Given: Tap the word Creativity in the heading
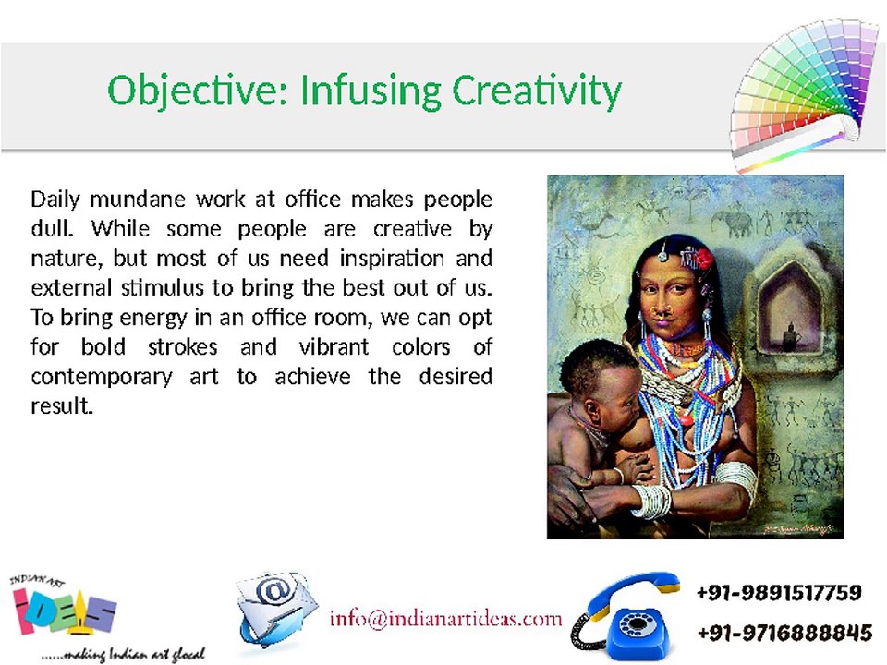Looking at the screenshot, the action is click(x=536, y=91).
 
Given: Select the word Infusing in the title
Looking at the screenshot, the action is click(x=371, y=91).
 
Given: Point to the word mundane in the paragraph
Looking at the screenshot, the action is click(x=138, y=199).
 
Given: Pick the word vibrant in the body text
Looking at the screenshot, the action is click(x=334, y=346).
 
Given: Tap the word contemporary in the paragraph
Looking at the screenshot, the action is click(x=102, y=377).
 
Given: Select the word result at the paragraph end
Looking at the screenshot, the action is click(x=62, y=405).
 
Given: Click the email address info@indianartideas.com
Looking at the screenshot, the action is click(x=445, y=618).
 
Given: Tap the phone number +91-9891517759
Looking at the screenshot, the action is click(x=779, y=593).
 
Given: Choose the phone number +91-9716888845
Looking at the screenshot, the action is click(x=784, y=632).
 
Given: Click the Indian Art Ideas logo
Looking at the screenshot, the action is click(x=64, y=605).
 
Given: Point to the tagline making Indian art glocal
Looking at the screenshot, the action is click(x=123, y=654).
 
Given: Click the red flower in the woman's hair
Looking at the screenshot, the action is click(x=704, y=258).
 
